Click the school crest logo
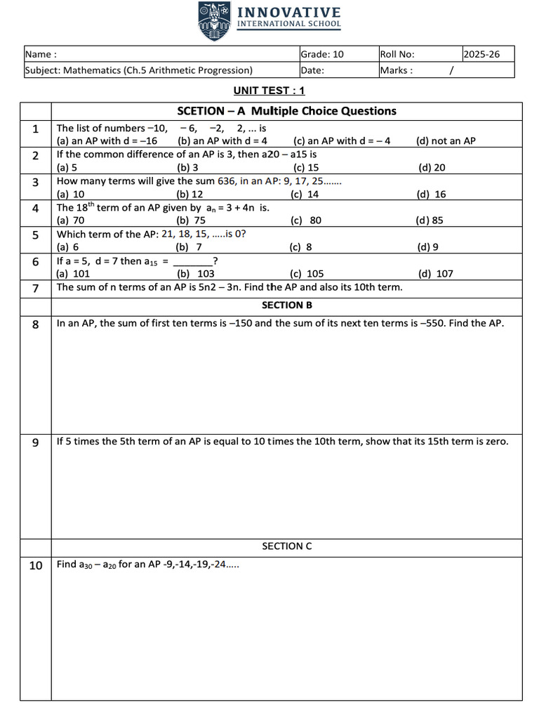[213, 22]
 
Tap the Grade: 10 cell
[322, 54]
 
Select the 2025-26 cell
[481, 54]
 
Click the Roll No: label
[397, 54]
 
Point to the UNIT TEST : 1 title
[269, 91]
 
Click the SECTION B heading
[287, 305]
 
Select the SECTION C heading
[287, 546]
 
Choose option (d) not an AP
[446, 140]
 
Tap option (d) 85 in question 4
[430, 220]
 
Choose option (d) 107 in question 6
[436, 274]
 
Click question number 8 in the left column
[35, 324]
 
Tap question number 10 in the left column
[35, 566]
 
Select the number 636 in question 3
[226, 180]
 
